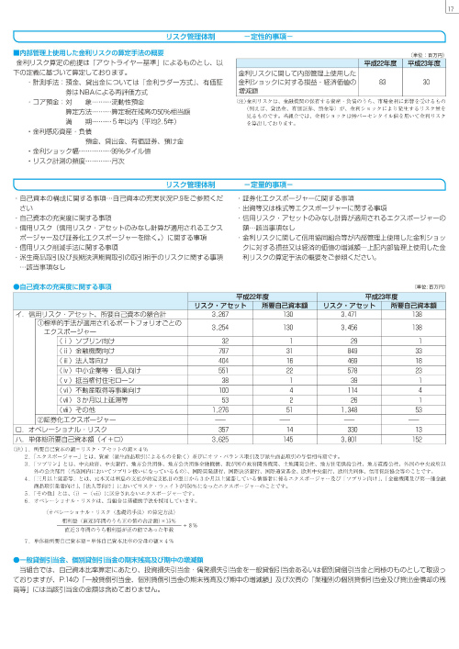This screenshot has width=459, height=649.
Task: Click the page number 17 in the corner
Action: click(448, 9)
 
